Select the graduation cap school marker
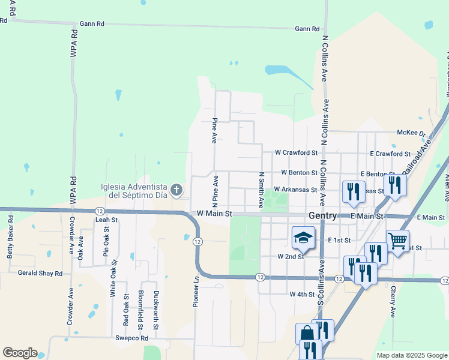[x=303, y=238]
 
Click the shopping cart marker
[x=397, y=241]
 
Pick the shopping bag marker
[x=306, y=333]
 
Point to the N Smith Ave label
[x=261, y=191]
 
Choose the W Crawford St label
[x=295, y=154]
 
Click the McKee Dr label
[x=411, y=133]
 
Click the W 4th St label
[x=302, y=295]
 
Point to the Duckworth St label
[x=155, y=310]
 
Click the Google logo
[x=20, y=353]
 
